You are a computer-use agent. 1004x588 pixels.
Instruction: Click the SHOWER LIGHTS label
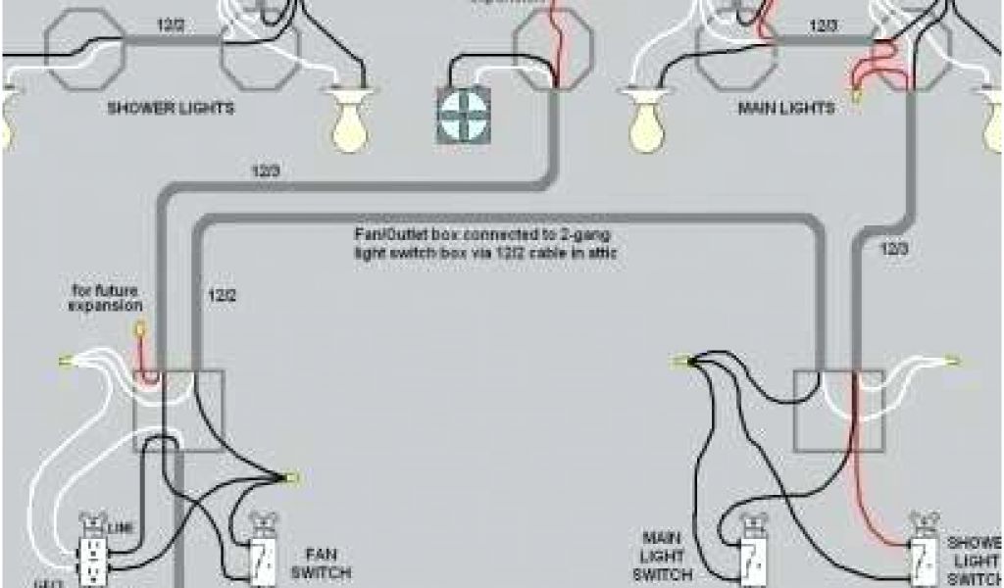(170, 108)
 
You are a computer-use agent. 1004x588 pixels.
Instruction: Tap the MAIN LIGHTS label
(785, 107)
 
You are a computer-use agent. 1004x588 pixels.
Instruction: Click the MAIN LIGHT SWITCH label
(672, 556)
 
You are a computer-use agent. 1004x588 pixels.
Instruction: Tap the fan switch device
(262, 555)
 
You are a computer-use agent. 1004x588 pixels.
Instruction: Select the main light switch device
(752, 554)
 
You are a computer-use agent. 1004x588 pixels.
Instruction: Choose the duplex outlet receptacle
(93, 555)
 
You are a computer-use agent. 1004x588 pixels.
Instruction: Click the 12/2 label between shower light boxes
(173, 25)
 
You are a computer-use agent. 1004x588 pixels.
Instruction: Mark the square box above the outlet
(180, 411)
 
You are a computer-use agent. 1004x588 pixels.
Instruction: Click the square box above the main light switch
(838, 411)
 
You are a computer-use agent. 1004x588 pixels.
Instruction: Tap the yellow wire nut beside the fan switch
(290, 478)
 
